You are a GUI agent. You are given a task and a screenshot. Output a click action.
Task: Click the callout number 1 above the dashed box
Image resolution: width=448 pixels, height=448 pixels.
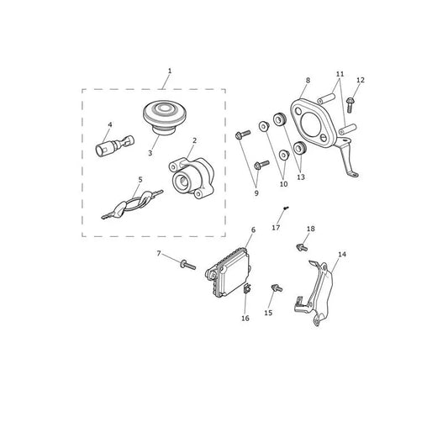[x=170, y=71]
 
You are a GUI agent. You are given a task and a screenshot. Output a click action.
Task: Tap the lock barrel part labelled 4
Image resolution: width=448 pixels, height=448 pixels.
[x=114, y=145]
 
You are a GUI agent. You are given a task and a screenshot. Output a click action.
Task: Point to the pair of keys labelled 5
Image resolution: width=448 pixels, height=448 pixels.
[x=133, y=204]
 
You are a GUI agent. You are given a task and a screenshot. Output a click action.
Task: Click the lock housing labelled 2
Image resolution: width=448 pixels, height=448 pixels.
[x=192, y=177]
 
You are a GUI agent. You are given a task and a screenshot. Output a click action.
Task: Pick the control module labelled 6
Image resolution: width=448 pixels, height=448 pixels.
[x=229, y=273]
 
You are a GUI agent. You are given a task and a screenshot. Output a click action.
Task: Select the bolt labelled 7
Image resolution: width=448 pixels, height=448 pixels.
[x=187, y=265]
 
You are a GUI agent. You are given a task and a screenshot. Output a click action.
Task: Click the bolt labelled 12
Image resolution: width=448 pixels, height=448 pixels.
[x=350, y=104]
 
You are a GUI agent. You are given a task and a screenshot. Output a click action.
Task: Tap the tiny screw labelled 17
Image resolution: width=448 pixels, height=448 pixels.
[x=286, y=208]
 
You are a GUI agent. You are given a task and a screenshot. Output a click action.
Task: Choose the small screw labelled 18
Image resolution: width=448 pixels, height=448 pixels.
[x=302, y=247]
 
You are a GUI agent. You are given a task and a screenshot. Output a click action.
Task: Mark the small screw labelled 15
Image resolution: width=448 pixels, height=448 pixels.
[x=277, y=288]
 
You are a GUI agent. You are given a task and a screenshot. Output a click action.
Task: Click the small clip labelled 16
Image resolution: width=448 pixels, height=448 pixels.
[x=247, y=288]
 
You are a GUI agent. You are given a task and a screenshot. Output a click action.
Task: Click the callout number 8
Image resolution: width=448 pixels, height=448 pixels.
[x=308, y=81]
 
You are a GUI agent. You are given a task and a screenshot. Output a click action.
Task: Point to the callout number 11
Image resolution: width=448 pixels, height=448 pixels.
[x=340, y=74]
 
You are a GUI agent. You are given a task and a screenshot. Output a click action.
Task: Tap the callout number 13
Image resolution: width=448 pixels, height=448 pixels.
[x=301, y=177]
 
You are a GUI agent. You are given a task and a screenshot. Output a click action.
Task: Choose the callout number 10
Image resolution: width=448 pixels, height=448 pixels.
[x=283, y=184]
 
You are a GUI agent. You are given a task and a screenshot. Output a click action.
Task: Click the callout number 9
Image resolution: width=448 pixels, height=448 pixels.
[x=256, y=193]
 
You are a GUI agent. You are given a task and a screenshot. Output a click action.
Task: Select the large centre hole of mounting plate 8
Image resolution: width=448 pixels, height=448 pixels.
[x=310, y=124]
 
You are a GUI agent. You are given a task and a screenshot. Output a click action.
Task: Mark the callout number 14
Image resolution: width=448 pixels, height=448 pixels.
[x=342, y=255]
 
